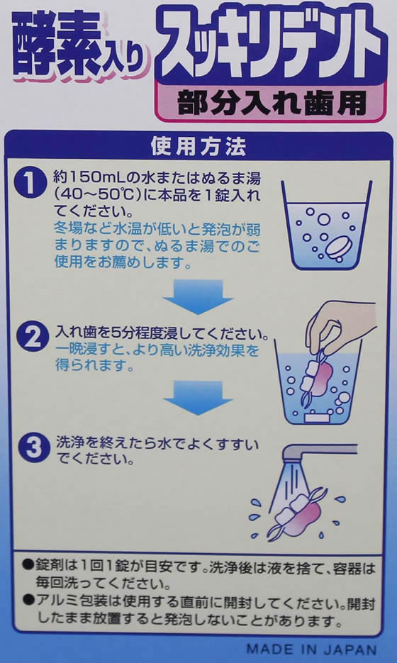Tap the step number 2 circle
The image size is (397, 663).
(x=30, y=338)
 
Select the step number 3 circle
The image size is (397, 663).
(x=33, y=449)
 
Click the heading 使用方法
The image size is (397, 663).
(x=198, y=146)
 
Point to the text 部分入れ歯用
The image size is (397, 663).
(x=272, y=102)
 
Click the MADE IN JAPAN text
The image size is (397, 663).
(x=312, y=649)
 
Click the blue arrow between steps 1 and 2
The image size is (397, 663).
(x=198, y=296)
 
